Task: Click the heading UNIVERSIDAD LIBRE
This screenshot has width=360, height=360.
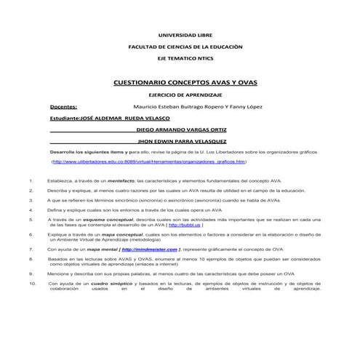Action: (x=180, y=34)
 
